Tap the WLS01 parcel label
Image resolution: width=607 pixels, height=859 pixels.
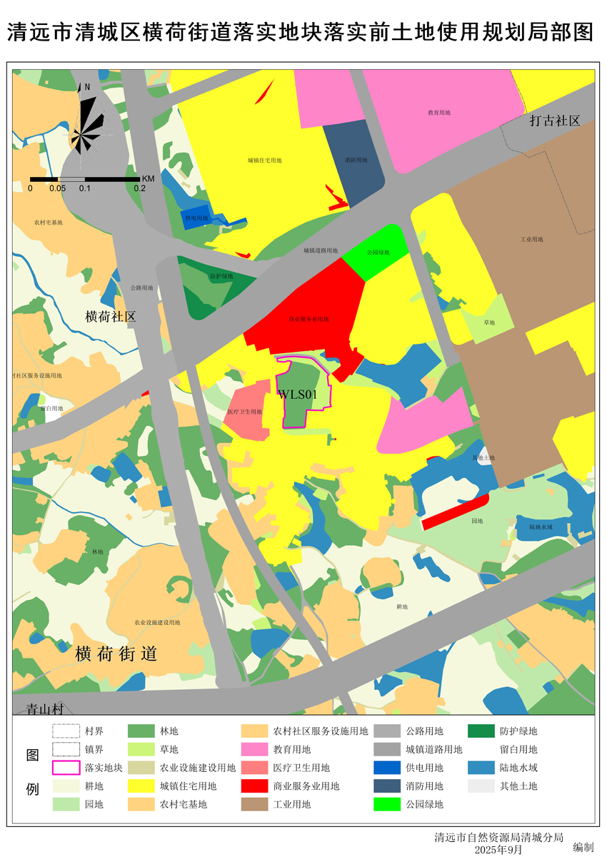297,394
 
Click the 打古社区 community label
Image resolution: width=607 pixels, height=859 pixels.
554,121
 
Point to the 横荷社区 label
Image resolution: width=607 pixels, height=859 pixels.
110,317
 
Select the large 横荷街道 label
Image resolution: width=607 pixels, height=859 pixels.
116,654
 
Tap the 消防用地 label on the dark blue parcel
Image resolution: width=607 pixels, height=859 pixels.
356,161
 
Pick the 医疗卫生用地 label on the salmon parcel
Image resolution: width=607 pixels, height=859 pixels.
245,412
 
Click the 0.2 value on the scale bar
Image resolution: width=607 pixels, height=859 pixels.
140,188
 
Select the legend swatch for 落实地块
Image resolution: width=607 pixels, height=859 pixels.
66,768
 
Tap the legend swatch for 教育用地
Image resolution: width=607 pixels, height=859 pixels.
254,749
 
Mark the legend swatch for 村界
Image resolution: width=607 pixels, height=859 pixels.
66,731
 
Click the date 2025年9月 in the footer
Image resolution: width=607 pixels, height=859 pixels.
498,849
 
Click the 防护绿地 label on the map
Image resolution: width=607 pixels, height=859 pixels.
221,276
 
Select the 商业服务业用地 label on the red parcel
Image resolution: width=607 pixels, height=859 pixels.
308,319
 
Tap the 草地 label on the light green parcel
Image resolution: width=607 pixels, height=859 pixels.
488,322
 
